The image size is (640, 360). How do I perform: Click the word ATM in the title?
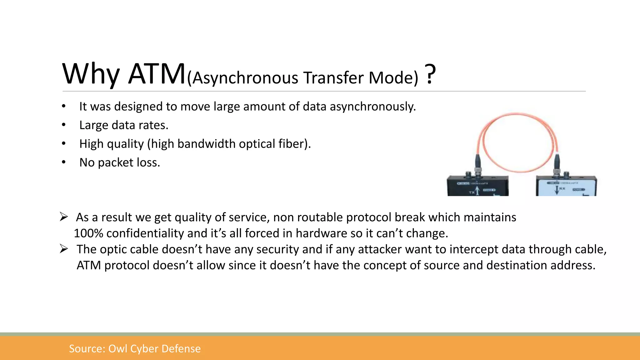[x=157, y=74]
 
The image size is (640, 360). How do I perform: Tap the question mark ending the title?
[x=430, y=74]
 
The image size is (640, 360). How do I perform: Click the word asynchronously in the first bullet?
[x=372, y=107]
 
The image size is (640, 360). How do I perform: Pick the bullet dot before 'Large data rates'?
[x=64, y=125]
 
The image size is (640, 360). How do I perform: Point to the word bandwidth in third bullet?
[x=207, y=144]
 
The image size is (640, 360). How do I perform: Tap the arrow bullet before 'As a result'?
[x=64, y=217]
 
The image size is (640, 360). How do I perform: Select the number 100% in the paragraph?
[x=88, y=233]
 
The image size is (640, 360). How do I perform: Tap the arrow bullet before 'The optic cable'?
[x=64, y=249]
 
